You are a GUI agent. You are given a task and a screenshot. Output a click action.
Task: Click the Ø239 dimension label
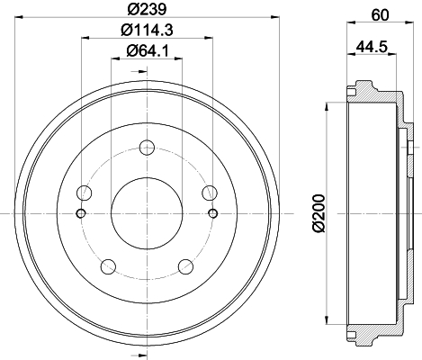pyautogui.click(x=147, y=9)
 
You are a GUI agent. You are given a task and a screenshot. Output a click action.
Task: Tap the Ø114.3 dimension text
pyautogui.click(x=147, y=30)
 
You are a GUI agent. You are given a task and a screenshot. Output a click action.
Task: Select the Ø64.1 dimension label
pyautogui.click(x=148, y=50)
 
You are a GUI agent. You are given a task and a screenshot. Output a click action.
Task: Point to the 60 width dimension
pyautogui.click(x=380, y=15)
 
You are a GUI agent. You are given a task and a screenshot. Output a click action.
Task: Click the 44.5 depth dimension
pyautogui.click(x=372, y=47)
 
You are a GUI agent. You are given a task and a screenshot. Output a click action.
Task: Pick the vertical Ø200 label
pyautogui.click(x=319, y=213)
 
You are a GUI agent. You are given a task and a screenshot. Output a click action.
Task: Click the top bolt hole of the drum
pyautogui.click(x=147, y=148)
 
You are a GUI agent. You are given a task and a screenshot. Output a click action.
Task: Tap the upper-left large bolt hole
pyautogui.click(x=85, y=193)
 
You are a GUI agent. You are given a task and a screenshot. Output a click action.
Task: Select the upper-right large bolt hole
pyautogui.click(x=210, y=193)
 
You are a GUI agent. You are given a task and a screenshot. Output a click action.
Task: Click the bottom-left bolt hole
pyautogui.click(x=108, y=266)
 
